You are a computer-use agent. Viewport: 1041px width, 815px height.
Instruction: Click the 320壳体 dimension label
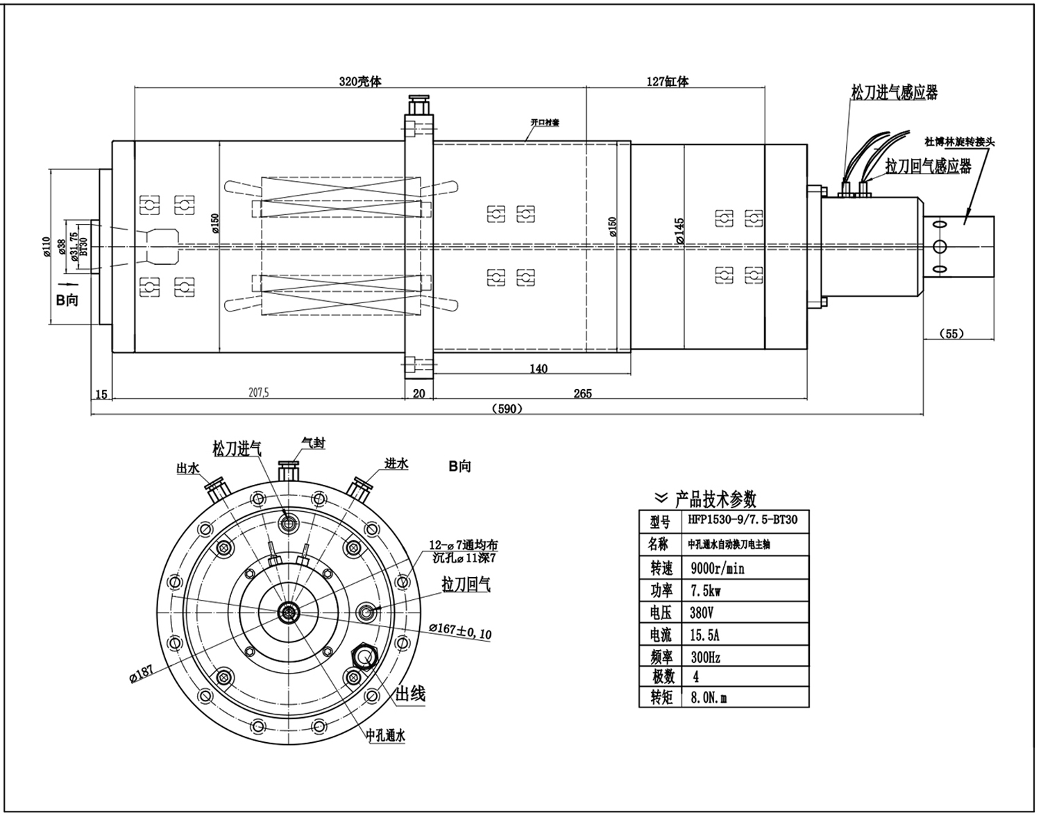coord(359,81)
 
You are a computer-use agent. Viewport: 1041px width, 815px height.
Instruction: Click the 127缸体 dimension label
coord(667,81)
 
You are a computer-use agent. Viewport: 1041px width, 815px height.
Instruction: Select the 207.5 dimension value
coord(258,393)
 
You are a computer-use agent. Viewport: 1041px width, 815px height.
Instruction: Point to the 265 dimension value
coord(582,393)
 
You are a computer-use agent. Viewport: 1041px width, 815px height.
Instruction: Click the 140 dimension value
coord(539,368)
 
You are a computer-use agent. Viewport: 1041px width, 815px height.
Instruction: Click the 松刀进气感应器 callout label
coord(895,92)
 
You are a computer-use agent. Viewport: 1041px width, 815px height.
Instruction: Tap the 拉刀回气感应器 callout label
coord(928,166)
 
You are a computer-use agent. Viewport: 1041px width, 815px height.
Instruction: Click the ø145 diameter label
coord(679,230)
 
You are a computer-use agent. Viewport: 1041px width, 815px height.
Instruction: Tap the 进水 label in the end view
coord(396,463)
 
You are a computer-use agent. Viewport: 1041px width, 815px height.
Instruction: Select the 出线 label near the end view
coord(409,694)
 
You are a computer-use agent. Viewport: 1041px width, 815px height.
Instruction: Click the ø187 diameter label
coord(141,675)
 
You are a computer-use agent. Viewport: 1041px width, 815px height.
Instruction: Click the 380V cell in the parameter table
coord(702,612)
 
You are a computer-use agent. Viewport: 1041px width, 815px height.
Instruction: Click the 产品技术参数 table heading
coord(716,498)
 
